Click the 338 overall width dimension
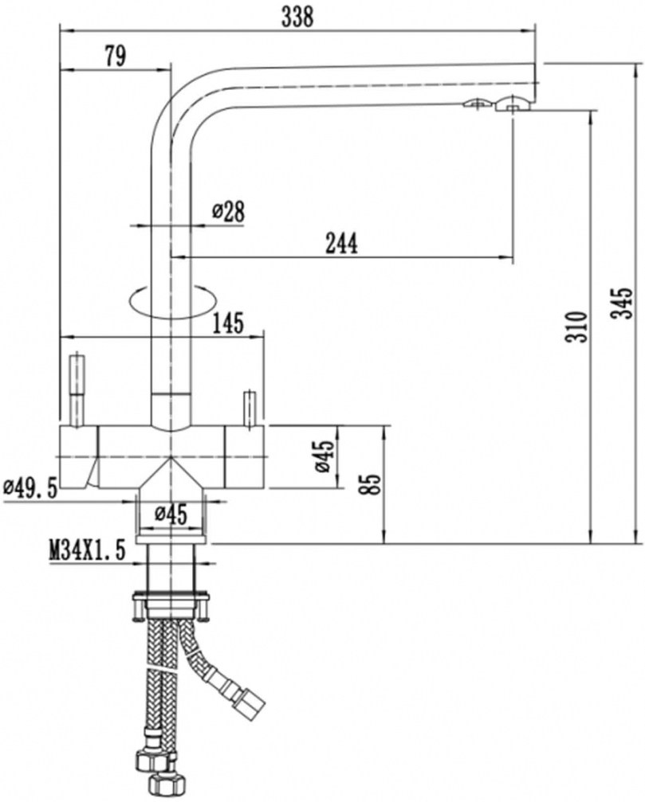(297, 15)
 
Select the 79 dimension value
(114, 55)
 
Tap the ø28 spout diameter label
(228, 211)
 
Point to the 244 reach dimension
(340, 242)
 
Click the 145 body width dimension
(228, 323)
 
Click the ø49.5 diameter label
(30, 487)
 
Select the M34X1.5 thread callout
(88, 550)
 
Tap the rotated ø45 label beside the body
(323, 456)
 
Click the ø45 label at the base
(171, 514)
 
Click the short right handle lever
(248, 407)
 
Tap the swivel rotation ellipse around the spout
(171, 301)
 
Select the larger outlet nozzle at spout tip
(512, 102)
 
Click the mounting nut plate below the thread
(171, 597)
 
